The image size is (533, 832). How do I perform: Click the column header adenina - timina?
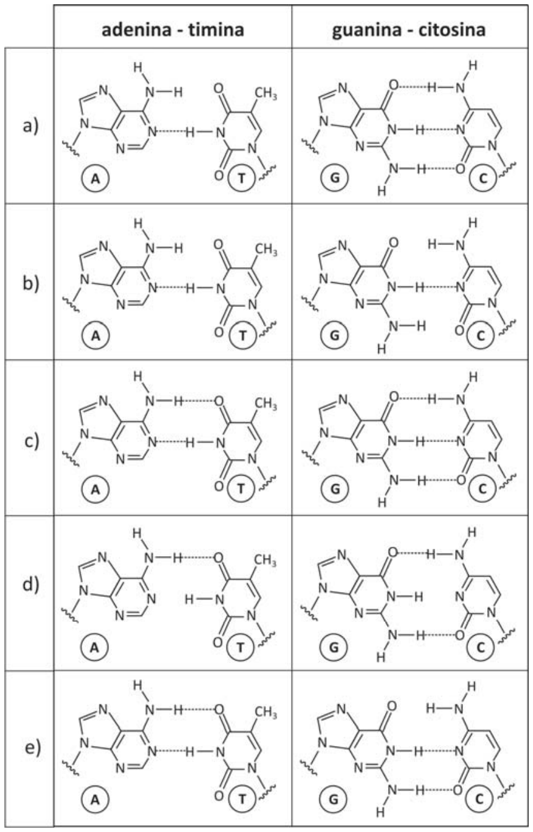(x=173, y=30)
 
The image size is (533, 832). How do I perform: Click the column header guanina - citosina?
(x=409, y=30)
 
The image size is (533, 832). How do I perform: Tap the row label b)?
(x=30, y=283)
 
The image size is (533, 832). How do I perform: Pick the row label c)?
(x=31, y=440)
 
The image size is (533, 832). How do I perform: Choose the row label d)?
(x=30, y=585)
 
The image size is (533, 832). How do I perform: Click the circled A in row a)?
(x=95, y=179)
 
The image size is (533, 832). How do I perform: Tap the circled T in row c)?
(x=241, y=489)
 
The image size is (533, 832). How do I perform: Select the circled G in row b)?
(x=334, y=335)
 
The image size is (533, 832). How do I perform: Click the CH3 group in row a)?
(x=266, y=93)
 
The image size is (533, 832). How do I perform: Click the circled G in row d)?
(x=334, y=648)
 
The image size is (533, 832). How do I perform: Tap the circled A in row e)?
(x=95, y=799)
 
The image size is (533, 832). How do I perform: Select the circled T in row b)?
(x=242, y=335)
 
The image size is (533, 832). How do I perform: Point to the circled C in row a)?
(x=483, y=179)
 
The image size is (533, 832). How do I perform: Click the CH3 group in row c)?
(x=266, y=403)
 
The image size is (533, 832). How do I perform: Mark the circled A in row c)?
(x=95, y=489)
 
